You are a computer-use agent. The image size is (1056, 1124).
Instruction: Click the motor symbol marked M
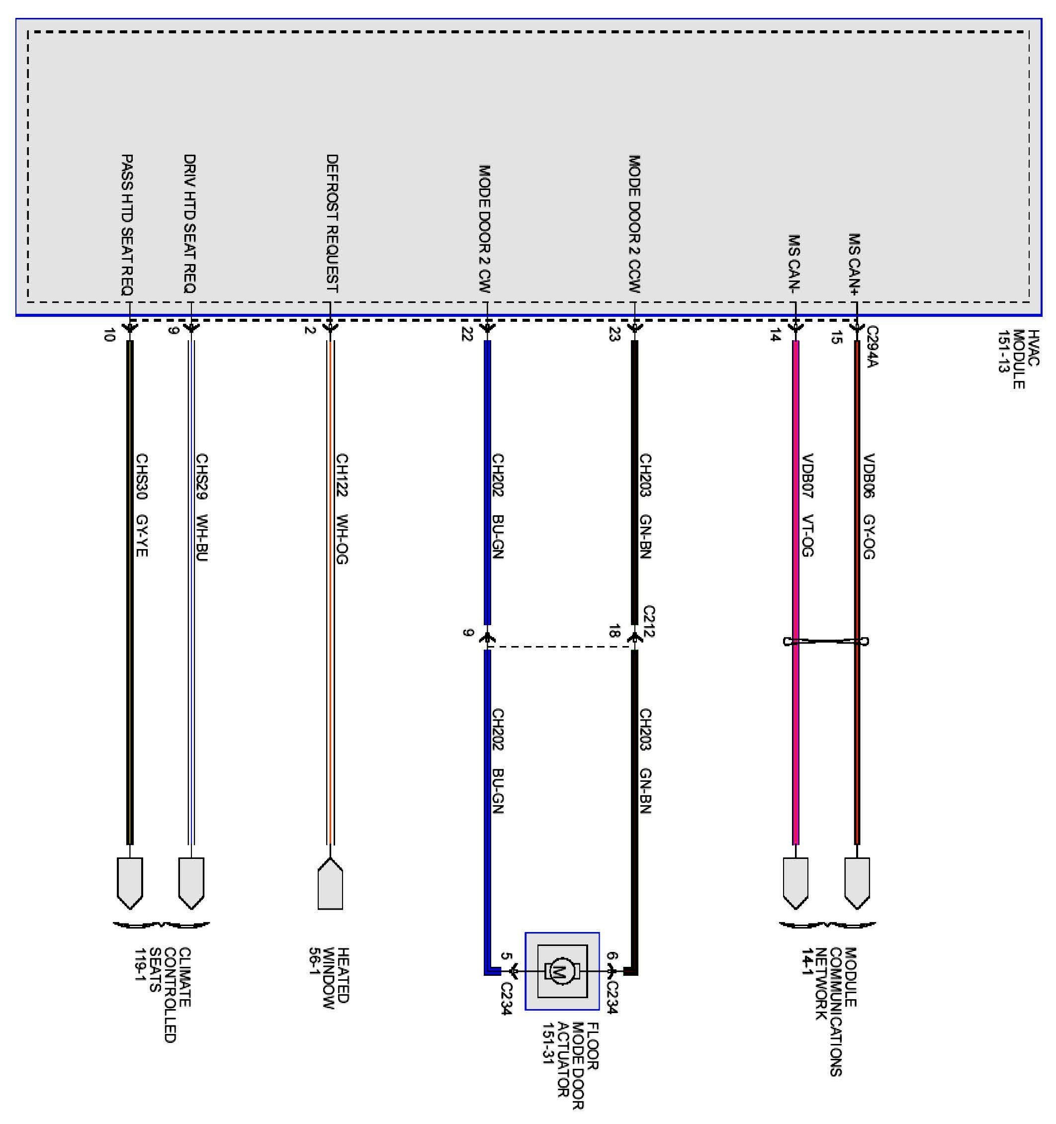coord(561,971)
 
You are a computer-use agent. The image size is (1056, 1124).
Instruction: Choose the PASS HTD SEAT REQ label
coord(128,224)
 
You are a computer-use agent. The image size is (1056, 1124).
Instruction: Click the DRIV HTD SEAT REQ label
coord(190,223)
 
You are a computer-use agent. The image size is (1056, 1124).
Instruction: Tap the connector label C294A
coord(872,346)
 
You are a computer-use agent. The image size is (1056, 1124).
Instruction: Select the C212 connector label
coord(648,621)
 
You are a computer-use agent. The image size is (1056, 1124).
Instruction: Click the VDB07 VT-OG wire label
coord(807,504)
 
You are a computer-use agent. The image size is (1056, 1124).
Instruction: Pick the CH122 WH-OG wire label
coord(342,508)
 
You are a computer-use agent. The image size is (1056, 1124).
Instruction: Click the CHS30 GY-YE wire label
coord(141,504)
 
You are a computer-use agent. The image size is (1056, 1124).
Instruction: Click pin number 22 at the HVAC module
coord(467,335)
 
